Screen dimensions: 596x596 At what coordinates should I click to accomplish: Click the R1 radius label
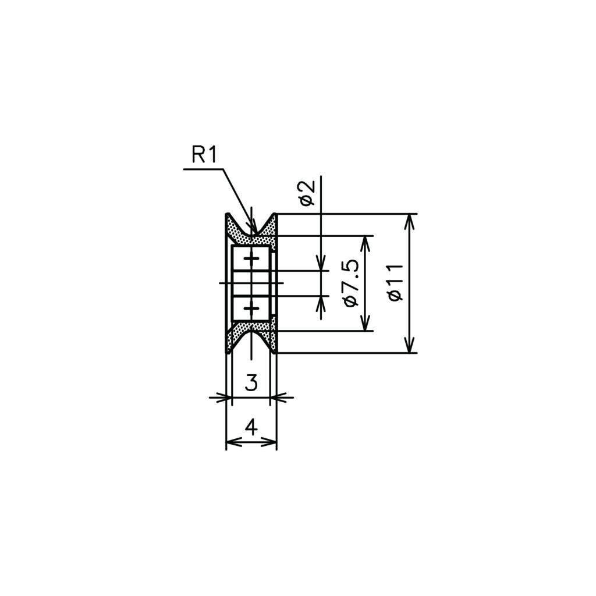[x=204, y=155]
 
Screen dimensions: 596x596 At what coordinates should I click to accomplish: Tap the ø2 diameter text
[x=307, y=193]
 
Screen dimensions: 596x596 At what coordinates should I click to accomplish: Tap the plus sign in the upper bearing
[x=251, y=259]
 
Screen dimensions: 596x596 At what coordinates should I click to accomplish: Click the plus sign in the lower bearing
[x=251, y=307]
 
